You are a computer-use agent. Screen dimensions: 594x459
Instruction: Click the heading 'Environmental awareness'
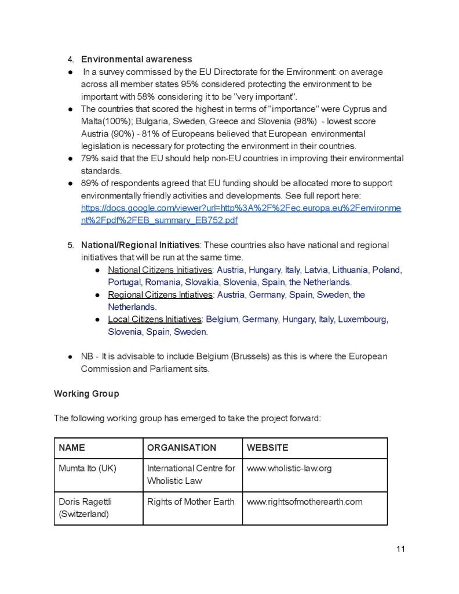(x=136, y=59)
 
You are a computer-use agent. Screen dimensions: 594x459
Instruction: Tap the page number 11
(x=400, y=549)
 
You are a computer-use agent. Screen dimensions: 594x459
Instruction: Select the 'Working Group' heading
(x=86, y=393)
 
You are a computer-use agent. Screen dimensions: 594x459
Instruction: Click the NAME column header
(x=72, y=448)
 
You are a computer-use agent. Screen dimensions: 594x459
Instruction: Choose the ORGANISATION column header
(x=181, y=448)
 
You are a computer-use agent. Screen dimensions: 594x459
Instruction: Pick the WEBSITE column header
(x=267, y=448)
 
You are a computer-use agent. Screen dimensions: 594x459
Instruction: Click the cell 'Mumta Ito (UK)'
(x=88, y=468)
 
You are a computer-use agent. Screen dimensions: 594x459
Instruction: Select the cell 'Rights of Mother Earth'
(x=191, y=502)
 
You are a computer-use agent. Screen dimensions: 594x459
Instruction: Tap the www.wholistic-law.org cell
(x=289, y=468)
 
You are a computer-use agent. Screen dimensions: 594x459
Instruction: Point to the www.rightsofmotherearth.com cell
(x=304, y=502)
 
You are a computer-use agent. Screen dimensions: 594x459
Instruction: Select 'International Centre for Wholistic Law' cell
(x=191, y=474)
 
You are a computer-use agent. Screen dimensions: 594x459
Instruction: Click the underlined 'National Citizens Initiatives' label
(x=160, y=270)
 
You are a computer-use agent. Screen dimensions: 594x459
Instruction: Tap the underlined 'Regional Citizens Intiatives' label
(x=160, y=295)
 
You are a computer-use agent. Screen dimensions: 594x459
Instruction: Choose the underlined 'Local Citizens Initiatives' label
(x=154, y=319)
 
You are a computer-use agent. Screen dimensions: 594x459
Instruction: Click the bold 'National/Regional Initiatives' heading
(x=140, y=245)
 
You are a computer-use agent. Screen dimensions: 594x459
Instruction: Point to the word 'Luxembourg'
(x=362, y=319)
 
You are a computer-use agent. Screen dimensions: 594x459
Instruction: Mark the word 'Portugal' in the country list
(x=124, y=282)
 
